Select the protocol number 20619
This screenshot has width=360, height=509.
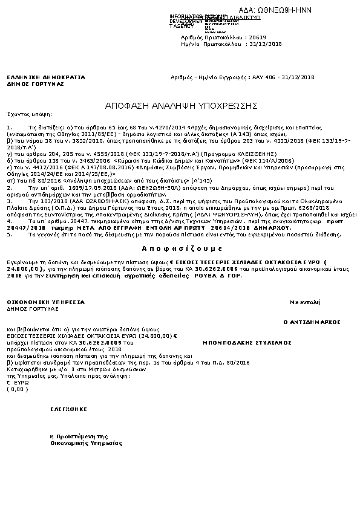pyautogui.click(x=240, y=37)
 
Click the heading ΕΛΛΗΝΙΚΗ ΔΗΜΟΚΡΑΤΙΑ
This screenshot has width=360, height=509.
pyautogui.click(x=46, y=78)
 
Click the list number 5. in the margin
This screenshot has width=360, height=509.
pyautogui.click(x=9, y=233)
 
